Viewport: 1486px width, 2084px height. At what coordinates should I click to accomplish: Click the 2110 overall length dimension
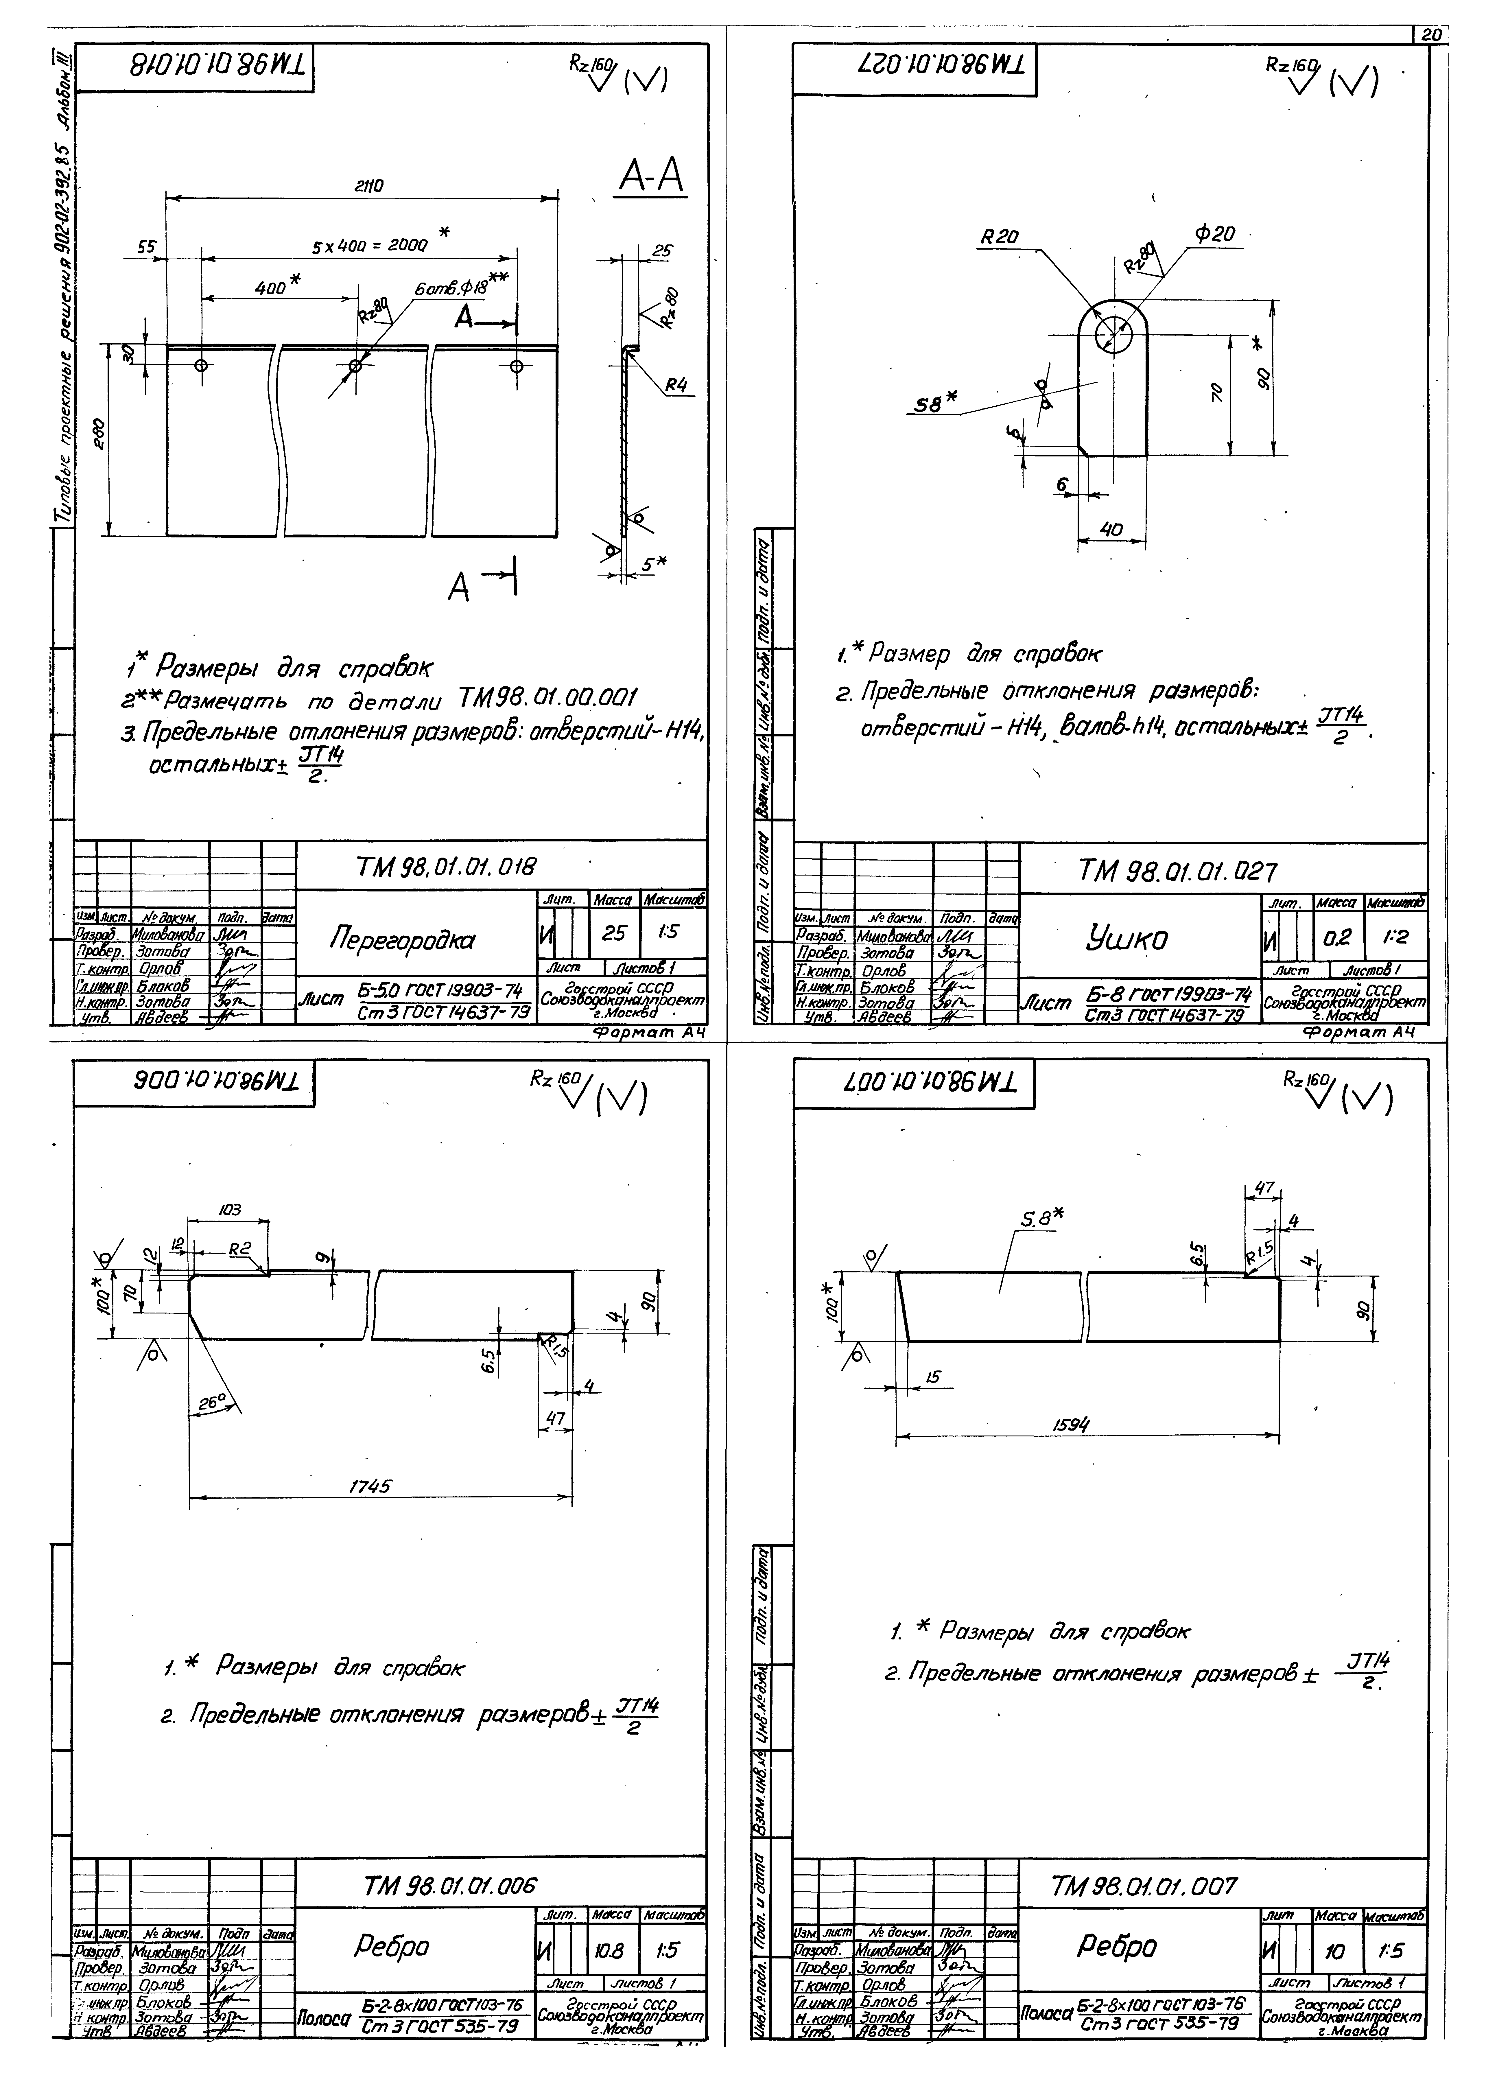(369, 186)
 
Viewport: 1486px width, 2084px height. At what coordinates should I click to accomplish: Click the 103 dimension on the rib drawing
(230, 1209)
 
